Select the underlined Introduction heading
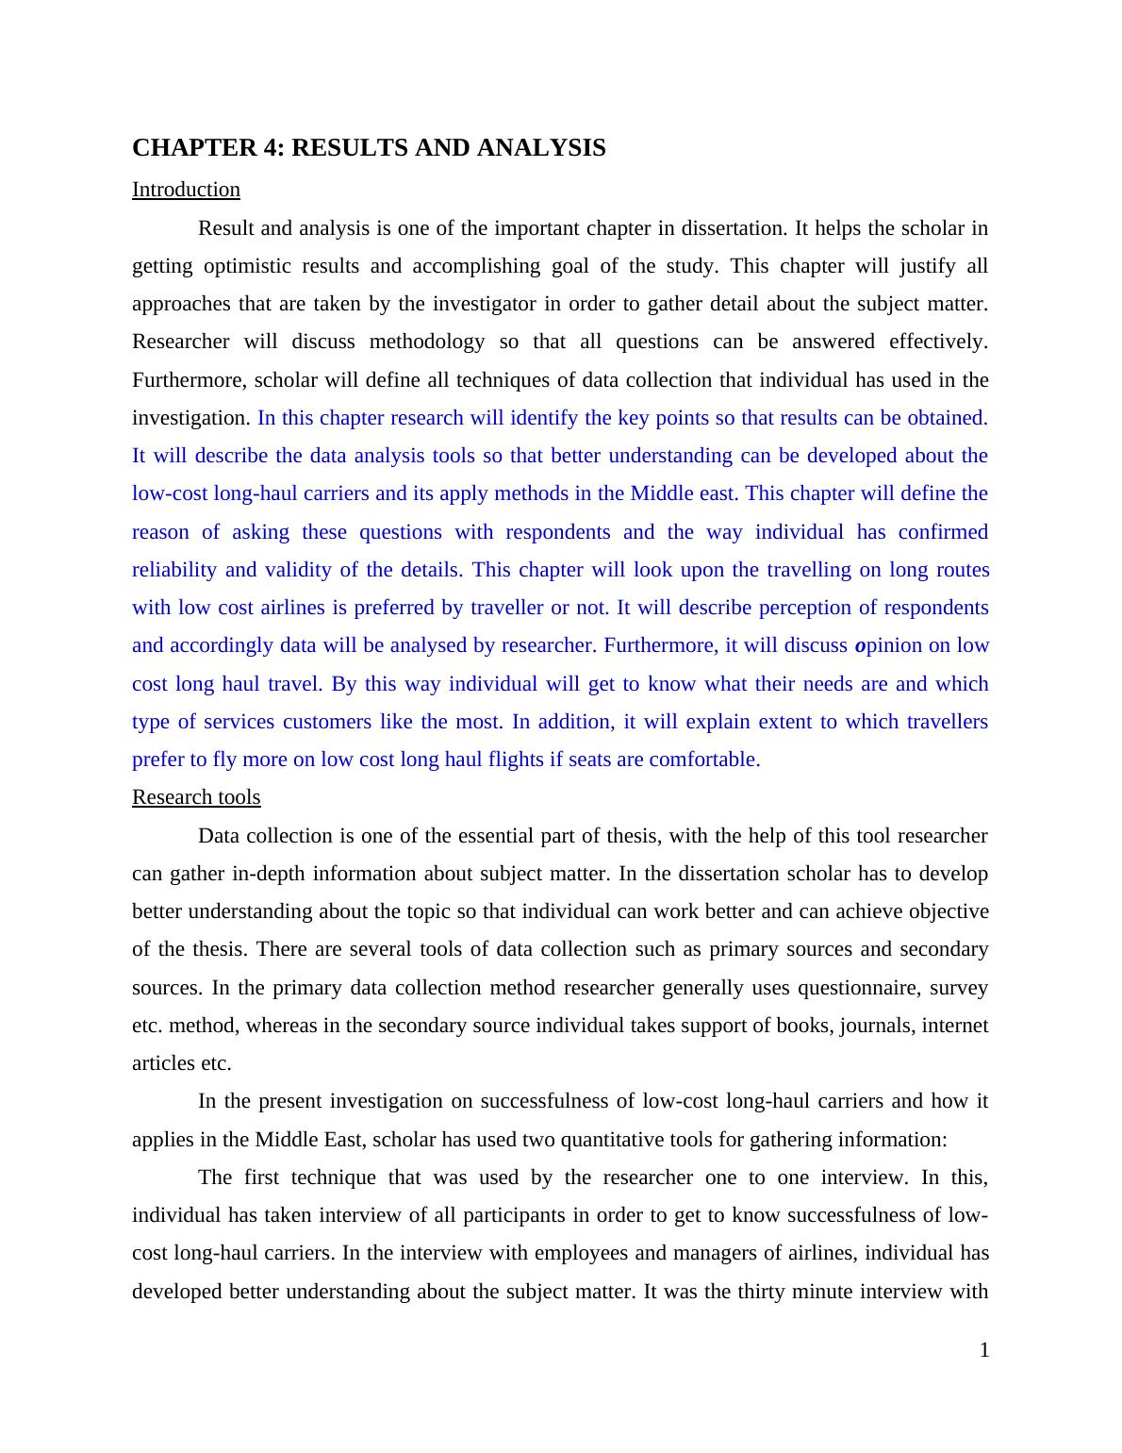point(186,190)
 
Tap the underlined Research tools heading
point(196,797)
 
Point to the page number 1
point(984,1351)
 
